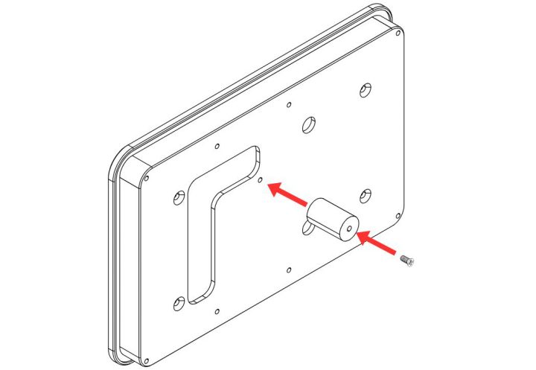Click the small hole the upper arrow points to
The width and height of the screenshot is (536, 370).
pyautogui.click(x=259, y=179)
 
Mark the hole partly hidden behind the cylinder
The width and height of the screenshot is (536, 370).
pyautogui.click(x=305, y=226)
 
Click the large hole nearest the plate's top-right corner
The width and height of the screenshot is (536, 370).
pyautogui.click(x=365, y=89)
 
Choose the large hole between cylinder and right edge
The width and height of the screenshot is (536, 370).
pyautogui.click(x=366, y=195)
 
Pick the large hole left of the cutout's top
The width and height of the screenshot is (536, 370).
pyautogui.click(x=178, y=197)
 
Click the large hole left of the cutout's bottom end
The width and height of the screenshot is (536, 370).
pyautogui.click(x=178, y=303)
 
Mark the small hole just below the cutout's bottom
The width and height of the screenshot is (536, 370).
pyautogui.click(x=217, y=312)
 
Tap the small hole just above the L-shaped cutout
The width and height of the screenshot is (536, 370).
pyautogui.click(x=216, y=145)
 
